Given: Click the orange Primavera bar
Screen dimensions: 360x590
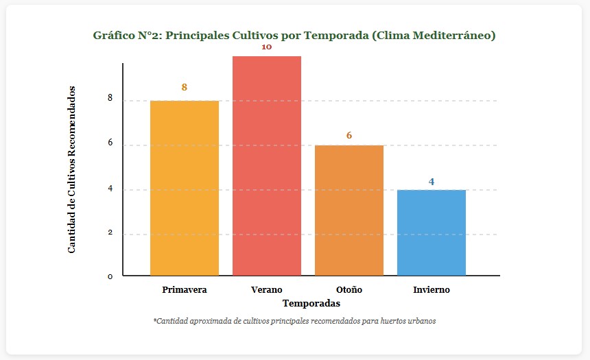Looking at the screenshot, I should coord(185,188).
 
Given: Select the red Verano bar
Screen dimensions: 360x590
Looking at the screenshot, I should coord(267,165).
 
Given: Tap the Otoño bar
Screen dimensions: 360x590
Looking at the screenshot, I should coord(349,210).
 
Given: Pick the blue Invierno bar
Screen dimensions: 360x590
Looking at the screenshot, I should coord(432,232).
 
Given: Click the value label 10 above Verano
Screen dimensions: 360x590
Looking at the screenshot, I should coord(267,47).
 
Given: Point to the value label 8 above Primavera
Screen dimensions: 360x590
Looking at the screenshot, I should coord(185,87).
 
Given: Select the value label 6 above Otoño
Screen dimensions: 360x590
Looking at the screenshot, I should coord(349,135).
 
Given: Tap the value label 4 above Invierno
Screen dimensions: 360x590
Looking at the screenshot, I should coord(432,182).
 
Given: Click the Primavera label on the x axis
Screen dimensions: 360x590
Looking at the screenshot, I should coord(185,289).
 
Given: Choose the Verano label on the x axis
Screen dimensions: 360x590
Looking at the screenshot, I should coord(267,289).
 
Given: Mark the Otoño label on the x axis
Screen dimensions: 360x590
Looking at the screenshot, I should coord(349,289).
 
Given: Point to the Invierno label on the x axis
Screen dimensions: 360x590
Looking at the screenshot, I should coord(432,289).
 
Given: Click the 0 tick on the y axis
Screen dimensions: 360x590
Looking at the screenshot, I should coord(110,276).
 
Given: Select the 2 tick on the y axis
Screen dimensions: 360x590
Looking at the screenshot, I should coord(110,233).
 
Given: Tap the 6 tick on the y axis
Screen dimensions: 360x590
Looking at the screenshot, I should coord(110,144).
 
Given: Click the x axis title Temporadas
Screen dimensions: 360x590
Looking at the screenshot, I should coord(311,302).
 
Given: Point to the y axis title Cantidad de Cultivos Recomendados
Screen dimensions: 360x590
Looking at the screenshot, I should coord(72,170).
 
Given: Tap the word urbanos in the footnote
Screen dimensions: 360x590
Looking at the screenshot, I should coord(421,320).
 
